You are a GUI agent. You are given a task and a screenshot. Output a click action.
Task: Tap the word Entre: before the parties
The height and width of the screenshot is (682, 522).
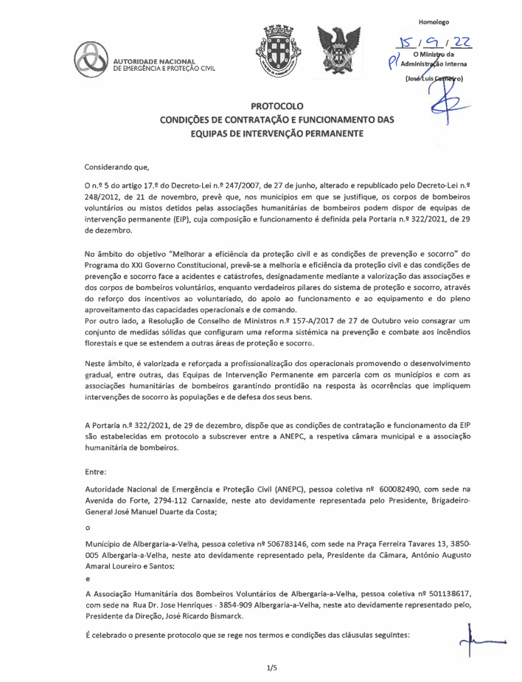pyautogui.click(x=97, y=469)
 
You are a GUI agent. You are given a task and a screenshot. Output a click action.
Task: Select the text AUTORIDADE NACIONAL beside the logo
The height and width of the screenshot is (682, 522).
pyautogui.click(x=153, y=60)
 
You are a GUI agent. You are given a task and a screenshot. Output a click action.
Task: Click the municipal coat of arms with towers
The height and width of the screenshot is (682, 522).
pyautogui.click(x=274, y=52)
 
